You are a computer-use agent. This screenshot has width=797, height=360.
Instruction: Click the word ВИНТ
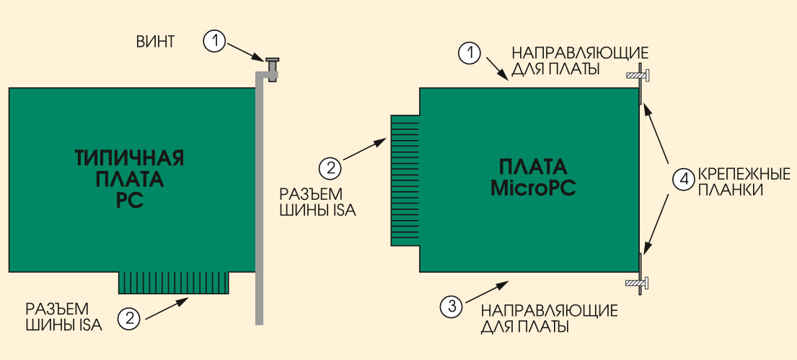pyautogui.click(x=155, y=41)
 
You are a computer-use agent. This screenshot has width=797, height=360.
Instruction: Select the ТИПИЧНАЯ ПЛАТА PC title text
pyautogui.click(x=130, y=179)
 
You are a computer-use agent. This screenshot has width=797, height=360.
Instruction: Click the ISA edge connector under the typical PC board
pyautogui.click(x=175, y=283)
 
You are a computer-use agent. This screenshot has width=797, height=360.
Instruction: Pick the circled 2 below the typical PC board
pyautogui.click(x=129, y=318)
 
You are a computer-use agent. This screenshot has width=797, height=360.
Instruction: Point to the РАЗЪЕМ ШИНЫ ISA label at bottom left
pyautogui.click(x=64, y=316)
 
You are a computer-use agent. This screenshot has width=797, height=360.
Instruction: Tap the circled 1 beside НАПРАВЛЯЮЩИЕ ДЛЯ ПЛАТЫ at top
pyautogui.click(x=470, y=53)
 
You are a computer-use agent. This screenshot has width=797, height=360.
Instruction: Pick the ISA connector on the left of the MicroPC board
pyautogui.click(x=405, y=181)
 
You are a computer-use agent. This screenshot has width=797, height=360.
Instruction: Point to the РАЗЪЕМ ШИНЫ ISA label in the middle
pyautogui.click(x=318, y=202)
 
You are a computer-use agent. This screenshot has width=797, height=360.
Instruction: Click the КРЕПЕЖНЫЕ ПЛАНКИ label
pyautogui.click(x=744, y=182)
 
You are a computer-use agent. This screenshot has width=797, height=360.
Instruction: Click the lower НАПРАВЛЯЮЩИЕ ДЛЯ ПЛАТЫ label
pyautogui.click(x=550, y=318)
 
